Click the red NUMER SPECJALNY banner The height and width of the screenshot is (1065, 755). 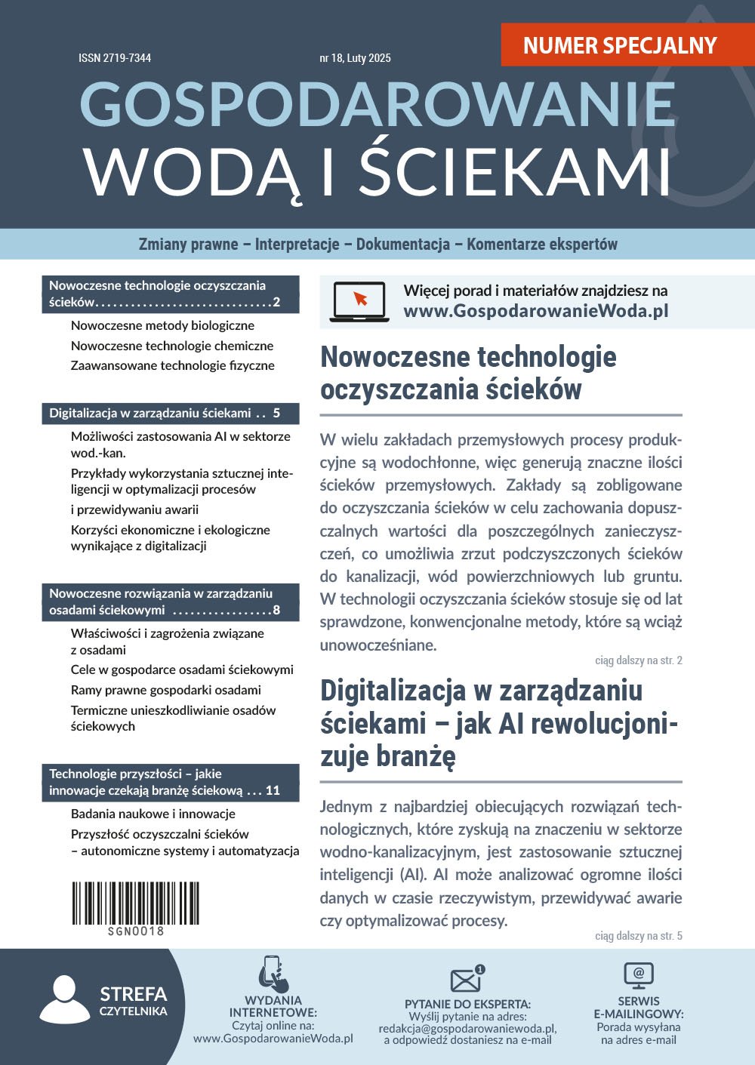tap(620, 45)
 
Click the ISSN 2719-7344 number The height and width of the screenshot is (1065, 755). tap(115, 58)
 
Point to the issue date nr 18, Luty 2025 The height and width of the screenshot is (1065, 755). tap(355, 58)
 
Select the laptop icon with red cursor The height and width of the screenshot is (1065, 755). tap(359, 302)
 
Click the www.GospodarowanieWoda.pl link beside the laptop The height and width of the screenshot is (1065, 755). tap(536, 311)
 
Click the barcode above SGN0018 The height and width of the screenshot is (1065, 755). tap(136, 903)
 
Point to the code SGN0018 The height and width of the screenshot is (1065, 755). tap(136, 931)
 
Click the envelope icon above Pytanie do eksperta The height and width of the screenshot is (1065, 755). tap(467, 979)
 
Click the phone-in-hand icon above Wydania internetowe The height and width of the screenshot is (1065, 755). tap(273, 974)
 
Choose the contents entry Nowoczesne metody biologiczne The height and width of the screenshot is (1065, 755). tap(162, 325)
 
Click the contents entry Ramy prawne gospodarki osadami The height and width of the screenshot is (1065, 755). tap(166, 690)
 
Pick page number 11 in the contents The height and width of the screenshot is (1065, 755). tap(273, 790)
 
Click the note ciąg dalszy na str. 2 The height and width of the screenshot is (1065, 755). tap(638, 660)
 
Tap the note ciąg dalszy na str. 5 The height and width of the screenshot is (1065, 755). tap(638, 936)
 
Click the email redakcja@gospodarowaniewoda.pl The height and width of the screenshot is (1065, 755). tap(467, 1028)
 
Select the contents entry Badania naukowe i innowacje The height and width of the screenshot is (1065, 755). tap(153, 814)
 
